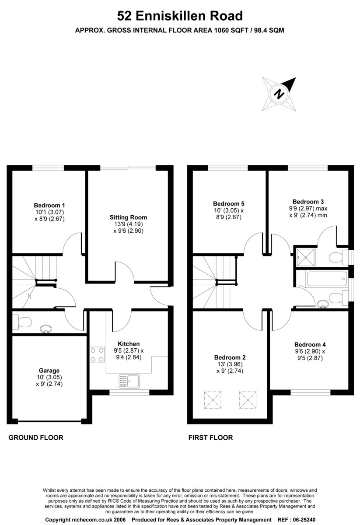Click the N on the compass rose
(279, 94)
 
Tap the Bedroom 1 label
(49, 205)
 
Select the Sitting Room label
(128, 217)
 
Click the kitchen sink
(129, 381)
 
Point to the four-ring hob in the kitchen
(97, 354)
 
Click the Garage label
(49, 371)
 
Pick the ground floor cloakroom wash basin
(45, 329)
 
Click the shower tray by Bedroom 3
(306, 257)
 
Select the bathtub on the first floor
(327, 279)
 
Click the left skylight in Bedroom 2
(213, 400)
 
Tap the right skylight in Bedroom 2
(248, 400)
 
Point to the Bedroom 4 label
(310, 345)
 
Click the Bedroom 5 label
(228, 204)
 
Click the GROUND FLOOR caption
(36, 437)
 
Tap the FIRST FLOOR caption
(211, 437)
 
